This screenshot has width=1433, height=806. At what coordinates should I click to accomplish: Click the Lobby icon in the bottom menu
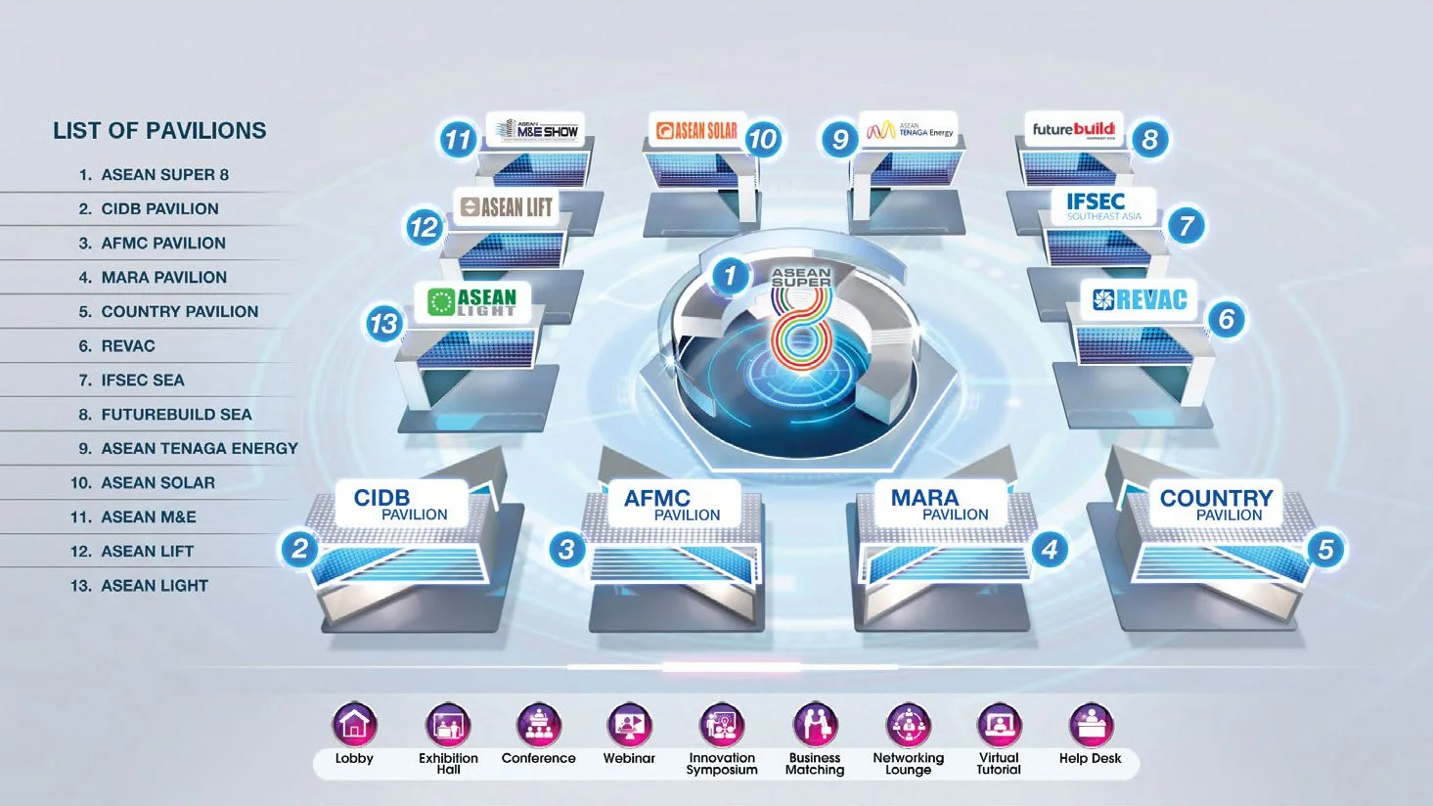[354, 726]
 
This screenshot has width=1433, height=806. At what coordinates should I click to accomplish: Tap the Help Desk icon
[1090, 726]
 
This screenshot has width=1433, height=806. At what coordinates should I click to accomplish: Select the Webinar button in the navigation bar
[629, 726]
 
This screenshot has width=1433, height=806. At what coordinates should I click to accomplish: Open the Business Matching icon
[814, 726]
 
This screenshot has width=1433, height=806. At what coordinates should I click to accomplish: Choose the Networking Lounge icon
[908, 726]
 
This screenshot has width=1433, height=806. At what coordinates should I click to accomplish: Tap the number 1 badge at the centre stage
[729, 276]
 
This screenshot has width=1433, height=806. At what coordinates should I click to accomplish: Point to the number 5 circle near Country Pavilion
[1325, 549]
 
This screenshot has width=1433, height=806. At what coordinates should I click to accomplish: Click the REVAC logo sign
[1139, 300]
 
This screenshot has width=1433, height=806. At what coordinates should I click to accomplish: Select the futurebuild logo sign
[1074, 130]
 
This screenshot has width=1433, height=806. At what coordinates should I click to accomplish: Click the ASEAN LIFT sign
[507, 207]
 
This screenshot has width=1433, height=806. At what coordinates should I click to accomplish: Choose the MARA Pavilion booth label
[939, 504]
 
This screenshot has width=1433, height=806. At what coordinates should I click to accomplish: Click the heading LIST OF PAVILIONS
[159, 131]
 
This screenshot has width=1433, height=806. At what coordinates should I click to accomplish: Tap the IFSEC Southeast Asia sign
[1102, 206]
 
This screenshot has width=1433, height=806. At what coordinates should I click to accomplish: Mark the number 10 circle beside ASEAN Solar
[762, 140]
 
